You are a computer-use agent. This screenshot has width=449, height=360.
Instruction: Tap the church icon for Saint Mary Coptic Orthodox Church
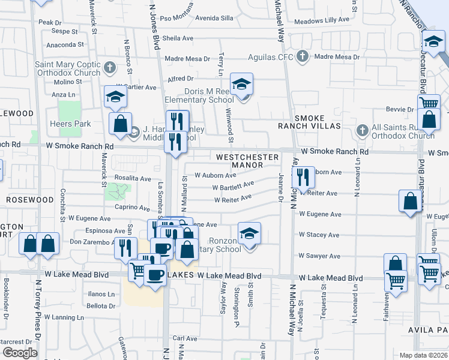point(110,68)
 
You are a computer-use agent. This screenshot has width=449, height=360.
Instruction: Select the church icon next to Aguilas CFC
point(303,57)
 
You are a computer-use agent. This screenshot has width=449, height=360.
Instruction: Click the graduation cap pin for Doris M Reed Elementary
point(241,85)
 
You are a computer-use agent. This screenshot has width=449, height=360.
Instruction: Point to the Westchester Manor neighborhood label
point(247,161)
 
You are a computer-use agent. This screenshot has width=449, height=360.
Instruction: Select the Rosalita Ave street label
point(133,178)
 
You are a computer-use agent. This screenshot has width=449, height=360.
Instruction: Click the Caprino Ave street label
point(132,208)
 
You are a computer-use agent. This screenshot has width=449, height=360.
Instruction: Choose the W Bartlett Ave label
point(234,186)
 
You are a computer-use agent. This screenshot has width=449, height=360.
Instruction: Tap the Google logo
point(20,353)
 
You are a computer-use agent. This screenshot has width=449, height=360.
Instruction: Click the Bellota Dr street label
point(100,306)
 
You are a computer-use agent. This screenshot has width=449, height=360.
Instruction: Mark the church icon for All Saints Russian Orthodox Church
point(362,130)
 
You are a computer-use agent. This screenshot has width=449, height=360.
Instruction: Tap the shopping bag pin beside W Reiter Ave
point(411,203)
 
